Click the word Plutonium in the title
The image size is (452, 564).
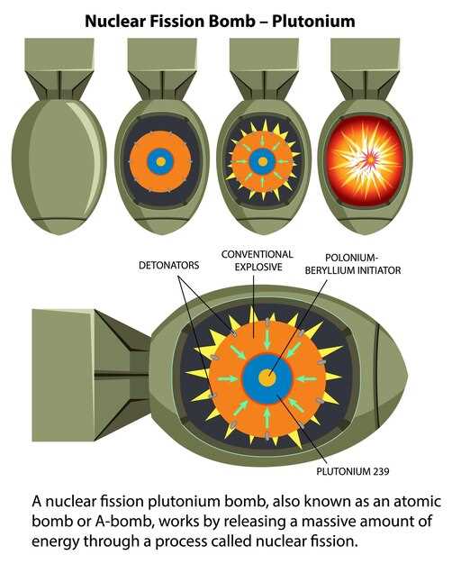(x=313, y=22)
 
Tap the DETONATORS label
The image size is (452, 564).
(x=168, y=266)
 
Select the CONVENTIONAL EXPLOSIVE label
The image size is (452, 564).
(x=258, y=260)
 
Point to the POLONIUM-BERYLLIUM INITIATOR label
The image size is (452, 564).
(x=353, y=264)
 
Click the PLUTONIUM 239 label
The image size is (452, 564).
(x=353, y=471)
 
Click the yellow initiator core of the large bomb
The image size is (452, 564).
(x=267, y=378)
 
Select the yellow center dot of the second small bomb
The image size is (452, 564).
(x=161, y=161)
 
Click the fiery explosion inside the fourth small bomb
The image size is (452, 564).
(x=366, y=160)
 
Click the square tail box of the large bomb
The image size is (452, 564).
(x=63, y=375)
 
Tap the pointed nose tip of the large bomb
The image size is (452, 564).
(x=407, y=377)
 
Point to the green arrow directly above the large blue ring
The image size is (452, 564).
(x=267, y=338)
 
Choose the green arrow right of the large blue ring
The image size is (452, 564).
(x=306, y=378)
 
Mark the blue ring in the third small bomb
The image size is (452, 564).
(x=253, y=161)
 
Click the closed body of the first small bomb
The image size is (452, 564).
(x=59, y=166)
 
